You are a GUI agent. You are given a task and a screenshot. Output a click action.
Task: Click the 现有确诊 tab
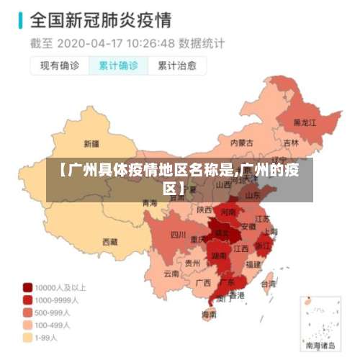[x=59, y=66]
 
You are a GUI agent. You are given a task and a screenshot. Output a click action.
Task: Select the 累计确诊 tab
[x=118, y=66]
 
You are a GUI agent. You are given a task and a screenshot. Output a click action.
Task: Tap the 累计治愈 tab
[x=177, y=66]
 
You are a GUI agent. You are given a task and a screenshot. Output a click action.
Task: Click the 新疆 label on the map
[x=91, y=143]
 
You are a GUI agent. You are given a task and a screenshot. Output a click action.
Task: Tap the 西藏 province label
[x=109, y=242]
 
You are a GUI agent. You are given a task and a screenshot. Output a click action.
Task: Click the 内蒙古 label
[x=241, y=143]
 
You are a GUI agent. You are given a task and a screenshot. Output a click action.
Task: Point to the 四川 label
[x=178, y=234]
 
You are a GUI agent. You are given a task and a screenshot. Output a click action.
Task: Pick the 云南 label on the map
[x=171, y=274]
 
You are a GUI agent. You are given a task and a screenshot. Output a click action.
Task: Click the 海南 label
[x=209, y=315]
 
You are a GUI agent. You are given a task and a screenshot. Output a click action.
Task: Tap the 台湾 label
[x=268, y=283]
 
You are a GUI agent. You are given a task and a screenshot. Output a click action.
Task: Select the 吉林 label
[x=291, y=143]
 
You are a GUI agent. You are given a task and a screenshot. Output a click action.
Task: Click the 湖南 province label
[x=219, y=255]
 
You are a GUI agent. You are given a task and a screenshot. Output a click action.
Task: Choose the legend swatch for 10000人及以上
[x=28, y=286]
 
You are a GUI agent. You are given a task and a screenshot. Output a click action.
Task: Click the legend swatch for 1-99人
[x=28, y=336]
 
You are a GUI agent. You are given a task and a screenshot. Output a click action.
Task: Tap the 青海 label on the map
[x=150, y=203]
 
